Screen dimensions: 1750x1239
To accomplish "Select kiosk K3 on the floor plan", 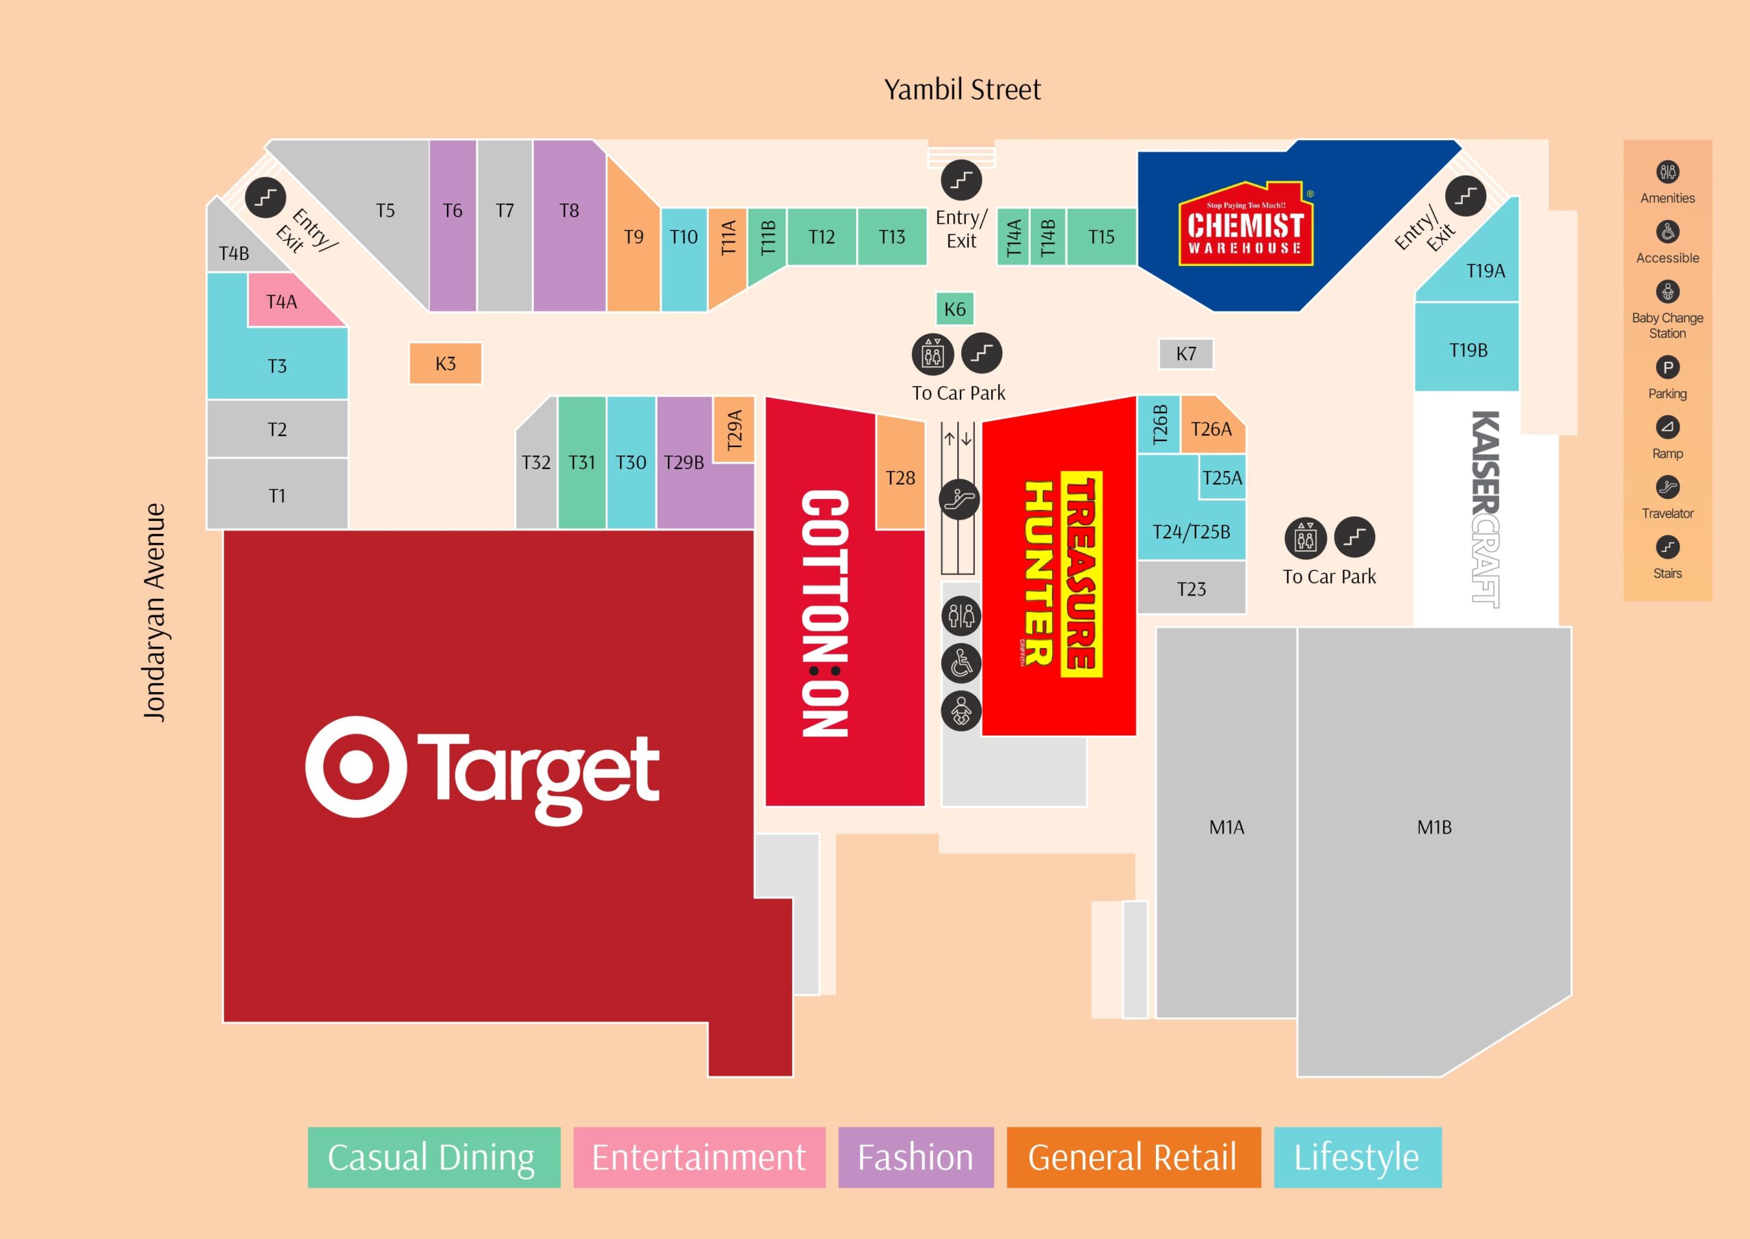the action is click(445, 363).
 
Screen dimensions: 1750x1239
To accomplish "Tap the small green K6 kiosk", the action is click(955, 309).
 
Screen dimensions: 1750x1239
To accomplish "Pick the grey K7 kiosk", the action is click(1186, 354).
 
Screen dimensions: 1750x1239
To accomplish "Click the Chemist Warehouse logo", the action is click(1246, 224).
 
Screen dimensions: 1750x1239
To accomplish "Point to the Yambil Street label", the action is click(962, 90).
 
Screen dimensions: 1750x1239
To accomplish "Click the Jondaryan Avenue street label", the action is click(154, 612).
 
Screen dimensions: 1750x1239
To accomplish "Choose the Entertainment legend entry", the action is click(699, 1158).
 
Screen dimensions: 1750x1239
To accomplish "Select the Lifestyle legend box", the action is click(1358, 1158).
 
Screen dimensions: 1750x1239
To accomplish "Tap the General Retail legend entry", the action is click(1133, 1158).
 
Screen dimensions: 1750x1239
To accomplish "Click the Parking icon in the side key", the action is click(1668, 368).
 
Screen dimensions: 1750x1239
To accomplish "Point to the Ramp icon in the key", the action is click(1668, 427).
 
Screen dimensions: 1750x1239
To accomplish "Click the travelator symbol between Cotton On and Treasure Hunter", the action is click(959, 500).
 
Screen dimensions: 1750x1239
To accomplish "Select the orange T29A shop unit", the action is click(733, 429).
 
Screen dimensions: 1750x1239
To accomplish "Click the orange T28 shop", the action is click(900, 473).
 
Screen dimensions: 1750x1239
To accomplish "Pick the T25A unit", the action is click(1222, 477).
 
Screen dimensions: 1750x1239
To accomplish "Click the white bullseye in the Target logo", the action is click(355, 766).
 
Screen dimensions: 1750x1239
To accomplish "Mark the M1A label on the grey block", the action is click(1226, 827).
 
